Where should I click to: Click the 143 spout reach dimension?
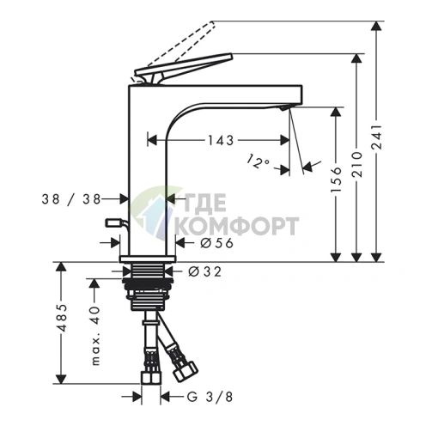tap(221, 140)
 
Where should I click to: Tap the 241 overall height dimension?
tap(376, 137)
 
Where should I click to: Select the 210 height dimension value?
tap(356, 165)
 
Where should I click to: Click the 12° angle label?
tap(258, 161)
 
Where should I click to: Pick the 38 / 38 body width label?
tap(71, 199)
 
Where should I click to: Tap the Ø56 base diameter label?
tap(217, 243)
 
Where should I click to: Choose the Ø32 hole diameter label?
tap(205, 271)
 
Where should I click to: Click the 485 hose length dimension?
tap(61, 318)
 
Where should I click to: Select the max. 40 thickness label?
tap(95, 336)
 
